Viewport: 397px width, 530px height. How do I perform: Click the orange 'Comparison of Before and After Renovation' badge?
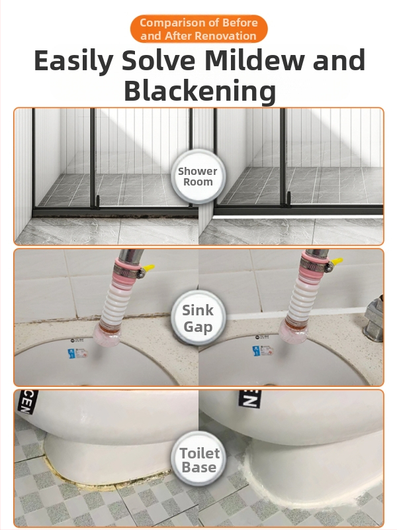[198, 29]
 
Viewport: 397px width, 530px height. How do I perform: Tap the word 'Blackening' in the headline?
[200, 91]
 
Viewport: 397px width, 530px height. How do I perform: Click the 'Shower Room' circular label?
[198, 176]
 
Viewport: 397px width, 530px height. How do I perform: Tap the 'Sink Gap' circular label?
[198, 319]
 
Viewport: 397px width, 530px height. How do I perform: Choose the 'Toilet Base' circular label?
[199, 460]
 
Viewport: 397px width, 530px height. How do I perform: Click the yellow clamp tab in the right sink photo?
[337, 262]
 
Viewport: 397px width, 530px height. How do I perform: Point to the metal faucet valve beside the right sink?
[374, 319]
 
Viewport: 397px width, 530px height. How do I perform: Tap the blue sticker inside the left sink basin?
[71, 354]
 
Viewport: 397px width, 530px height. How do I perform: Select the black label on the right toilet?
[250, 398]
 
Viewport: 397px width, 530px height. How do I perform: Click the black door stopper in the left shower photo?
[97, 203]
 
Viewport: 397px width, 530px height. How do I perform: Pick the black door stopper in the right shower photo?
[288, 199]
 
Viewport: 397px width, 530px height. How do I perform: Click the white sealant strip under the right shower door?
[298, 217]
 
